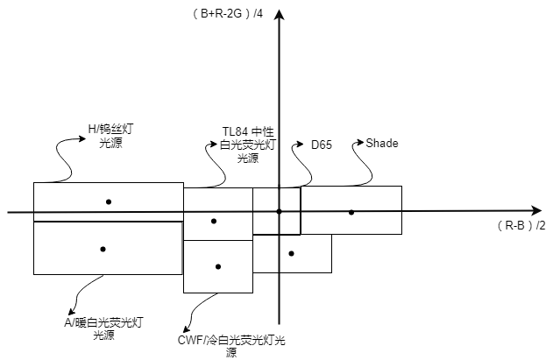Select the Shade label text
(382, 143)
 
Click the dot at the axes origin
(279, 211)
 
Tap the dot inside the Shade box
(351, 212)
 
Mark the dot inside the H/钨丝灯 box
(109, 201)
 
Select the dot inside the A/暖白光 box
(103, 249)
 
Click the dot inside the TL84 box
(214, 221)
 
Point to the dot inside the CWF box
(218, 266)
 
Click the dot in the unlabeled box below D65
(291, 253)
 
